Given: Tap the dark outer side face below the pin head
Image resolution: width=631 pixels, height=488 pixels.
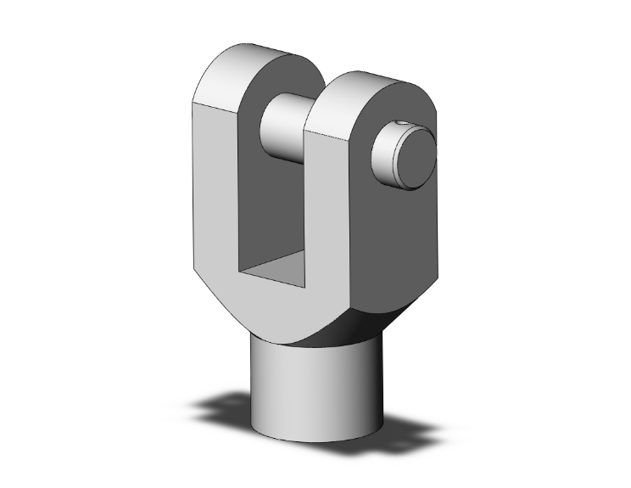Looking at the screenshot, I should pos(399,246).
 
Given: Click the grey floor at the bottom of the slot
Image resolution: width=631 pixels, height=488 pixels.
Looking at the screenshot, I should pos(276,270).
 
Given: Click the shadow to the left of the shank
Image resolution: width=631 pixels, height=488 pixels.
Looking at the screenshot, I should pos(225,407).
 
